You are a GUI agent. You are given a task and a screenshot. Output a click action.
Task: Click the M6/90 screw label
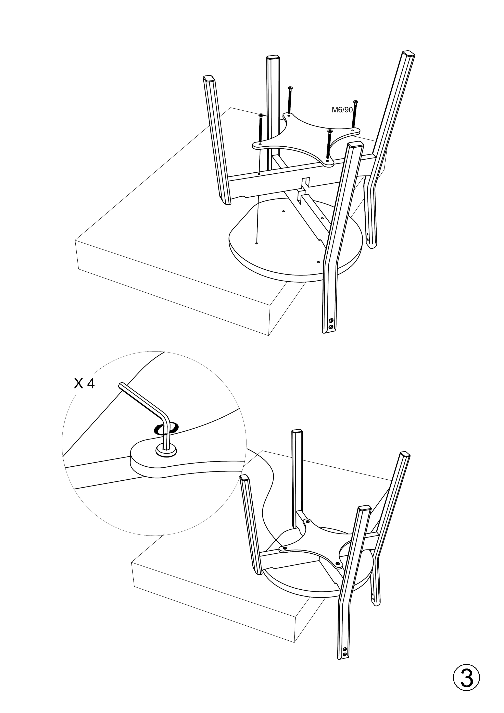coord(342,110)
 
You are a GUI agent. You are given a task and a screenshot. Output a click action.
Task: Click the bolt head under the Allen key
coord(167,450)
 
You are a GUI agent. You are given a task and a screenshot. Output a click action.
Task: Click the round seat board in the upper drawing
coord(279,248)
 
